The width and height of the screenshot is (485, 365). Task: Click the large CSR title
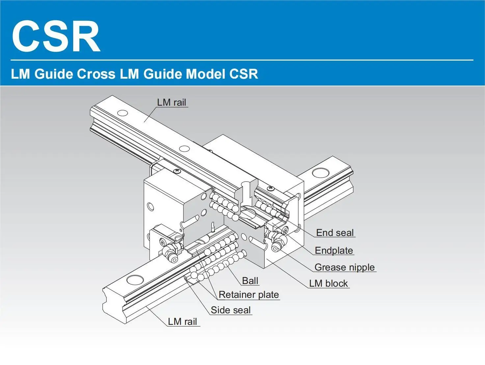[56, 36]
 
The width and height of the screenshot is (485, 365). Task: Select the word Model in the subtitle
[205, 74]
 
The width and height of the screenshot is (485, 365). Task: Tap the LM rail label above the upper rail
[172, 102]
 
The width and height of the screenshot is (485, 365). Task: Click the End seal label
[335, 233]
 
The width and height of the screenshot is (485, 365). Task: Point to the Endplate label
[334, 250]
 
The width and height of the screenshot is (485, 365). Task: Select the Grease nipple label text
[344, 267]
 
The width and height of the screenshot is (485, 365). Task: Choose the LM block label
[328, 283]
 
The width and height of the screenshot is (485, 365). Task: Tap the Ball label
[250, 281]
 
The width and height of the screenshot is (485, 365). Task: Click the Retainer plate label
[249, 295]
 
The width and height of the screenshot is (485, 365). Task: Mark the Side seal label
[230, 310]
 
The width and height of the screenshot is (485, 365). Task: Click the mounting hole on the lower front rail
[135, 280]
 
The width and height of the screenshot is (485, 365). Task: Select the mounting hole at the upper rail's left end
[122, 113]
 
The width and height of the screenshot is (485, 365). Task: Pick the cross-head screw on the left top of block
[177, 171]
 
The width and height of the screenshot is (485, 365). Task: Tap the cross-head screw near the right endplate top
[271, 188]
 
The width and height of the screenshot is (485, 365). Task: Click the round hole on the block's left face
[150, 207]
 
